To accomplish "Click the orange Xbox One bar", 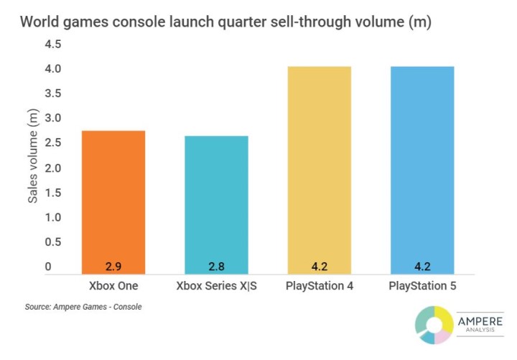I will [x=113, y=201].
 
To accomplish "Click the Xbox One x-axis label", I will [x=113, y=287].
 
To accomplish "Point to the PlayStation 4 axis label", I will [x=319, y=287].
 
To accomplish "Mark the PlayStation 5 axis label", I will [x=421, y=287].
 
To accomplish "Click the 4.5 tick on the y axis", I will [x=53, y=45].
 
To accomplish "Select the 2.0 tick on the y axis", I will [x=53, y=168].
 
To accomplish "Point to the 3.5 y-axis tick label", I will [x=53, y=94].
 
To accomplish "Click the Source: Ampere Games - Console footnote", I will [x=83, y=307].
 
